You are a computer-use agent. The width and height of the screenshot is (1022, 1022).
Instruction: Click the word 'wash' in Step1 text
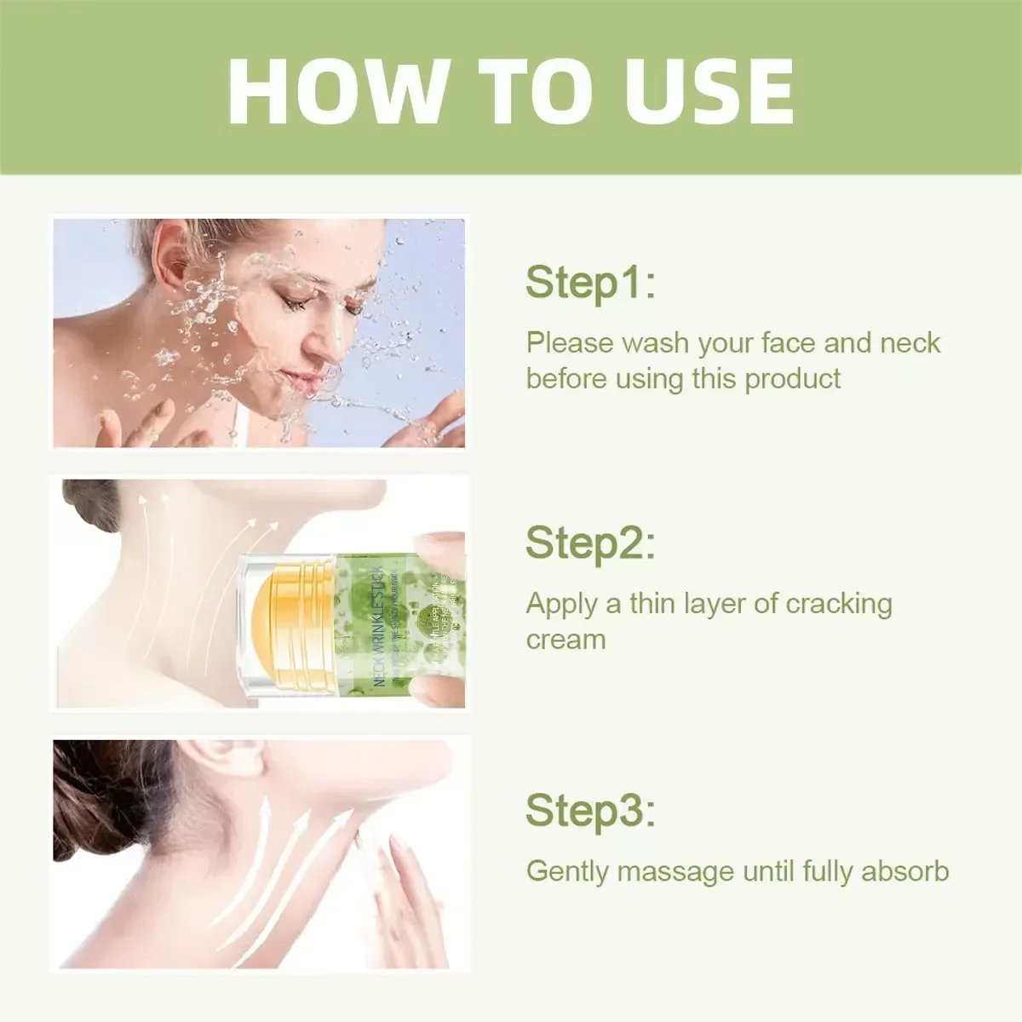[x=655, y=343]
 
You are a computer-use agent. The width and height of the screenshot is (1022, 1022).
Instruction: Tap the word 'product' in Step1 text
[x=792, y=379]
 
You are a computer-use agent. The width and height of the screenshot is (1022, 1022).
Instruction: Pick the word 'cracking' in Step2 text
[x=839, y=604]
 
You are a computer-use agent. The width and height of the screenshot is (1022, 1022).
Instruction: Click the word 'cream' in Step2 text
[x=566, y=640]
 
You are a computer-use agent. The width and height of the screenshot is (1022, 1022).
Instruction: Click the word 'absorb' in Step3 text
[x=905, y=871]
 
